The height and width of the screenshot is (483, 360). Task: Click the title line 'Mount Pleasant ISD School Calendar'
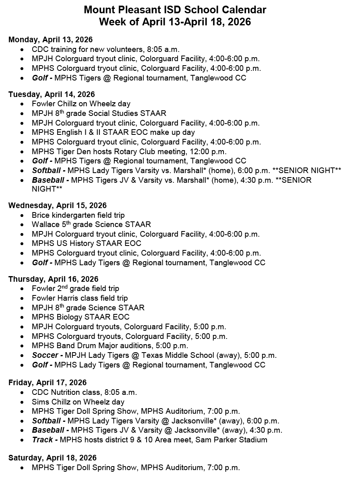pyautogui.click(x=175, y=10)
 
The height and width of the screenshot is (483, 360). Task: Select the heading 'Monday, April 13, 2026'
pyautogui.click(x=50, y=39)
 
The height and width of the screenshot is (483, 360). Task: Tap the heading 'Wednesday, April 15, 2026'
pyautogui.click(x=58, y=206)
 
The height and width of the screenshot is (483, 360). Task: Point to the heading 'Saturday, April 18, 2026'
pyautogui.click(x=52, y=458)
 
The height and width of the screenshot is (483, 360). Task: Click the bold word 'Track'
pyautogui.click(x=42, y=440)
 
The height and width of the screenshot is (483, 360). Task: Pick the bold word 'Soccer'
pyautogui.click(x=45, y=355)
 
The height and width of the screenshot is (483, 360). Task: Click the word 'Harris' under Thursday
pyautogui.click(x=68, y=298)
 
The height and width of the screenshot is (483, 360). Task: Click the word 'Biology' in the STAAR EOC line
pyautogui.click(x=68, y=317)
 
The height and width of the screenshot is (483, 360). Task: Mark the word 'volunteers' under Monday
pyautogui.click(x=126, y=49)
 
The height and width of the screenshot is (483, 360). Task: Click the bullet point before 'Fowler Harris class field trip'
pyautogui.click(x=22, y=298)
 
